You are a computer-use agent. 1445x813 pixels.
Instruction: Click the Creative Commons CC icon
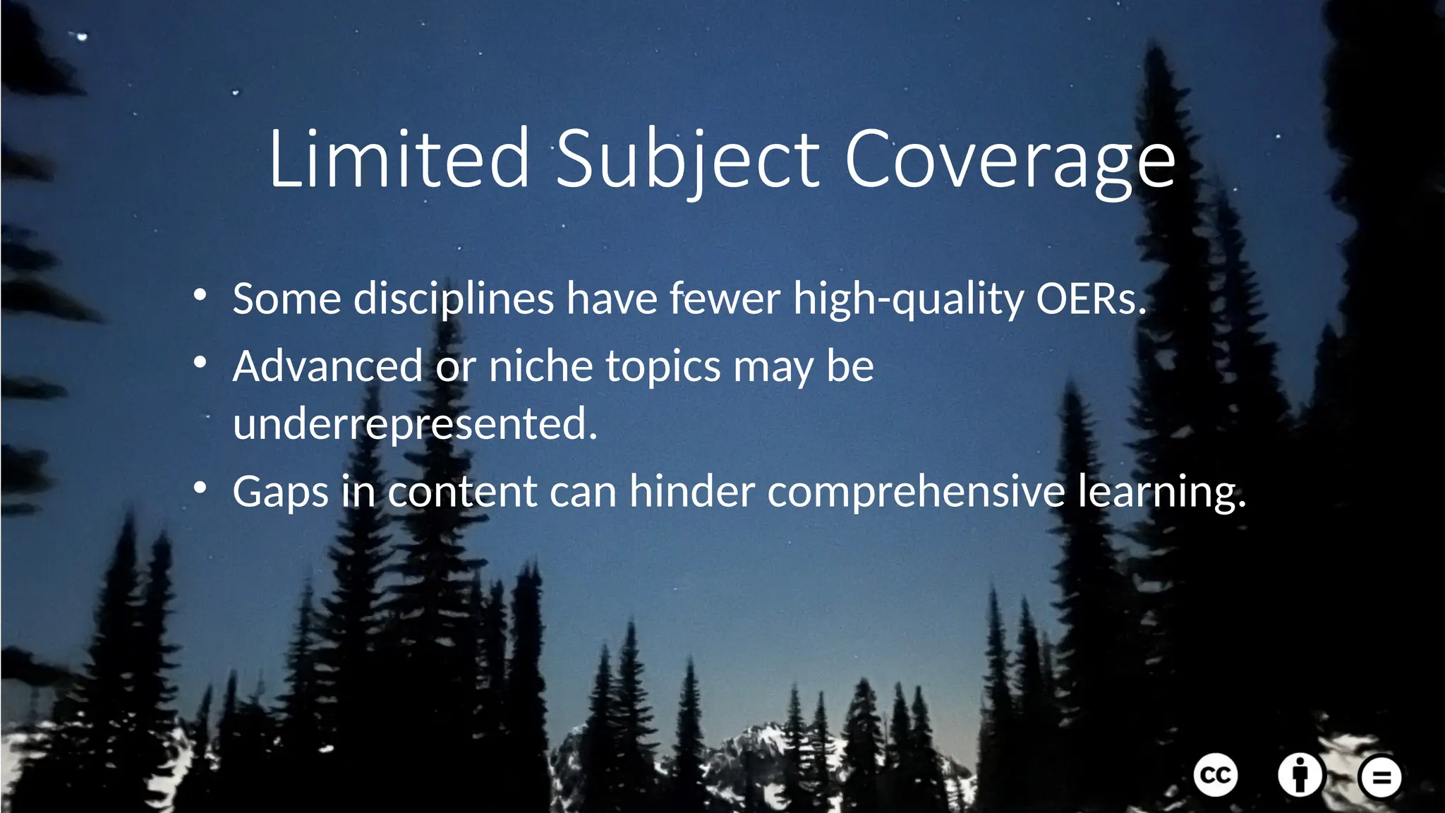pos(1216,776)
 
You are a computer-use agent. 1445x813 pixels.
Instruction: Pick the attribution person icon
pos(1300,775)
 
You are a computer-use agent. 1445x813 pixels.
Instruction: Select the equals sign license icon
pos(1380,777)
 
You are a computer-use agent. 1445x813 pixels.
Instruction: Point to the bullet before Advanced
pos(200,363)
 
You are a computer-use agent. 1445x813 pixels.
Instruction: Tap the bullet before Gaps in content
pos(200,488)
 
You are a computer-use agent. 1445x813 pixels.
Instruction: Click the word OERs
pos(1090,299)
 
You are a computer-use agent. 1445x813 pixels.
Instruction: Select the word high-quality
pos(908,299)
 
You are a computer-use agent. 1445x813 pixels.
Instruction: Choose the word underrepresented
pos(415,424)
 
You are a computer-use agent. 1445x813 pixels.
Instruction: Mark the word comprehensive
pos(916,491)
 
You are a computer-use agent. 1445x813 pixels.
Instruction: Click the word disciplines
pos(454,299)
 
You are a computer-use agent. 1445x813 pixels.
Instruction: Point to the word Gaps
pos(280,491)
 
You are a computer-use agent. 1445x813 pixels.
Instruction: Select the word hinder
pos(691,491)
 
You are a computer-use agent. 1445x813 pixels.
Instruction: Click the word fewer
pos(725,299)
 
